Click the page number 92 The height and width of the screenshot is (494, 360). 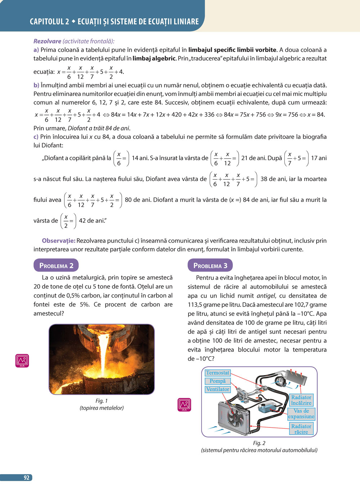tap(26, 477)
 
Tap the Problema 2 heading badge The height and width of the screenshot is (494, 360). tap(56, 266)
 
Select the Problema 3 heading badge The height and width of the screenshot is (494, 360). tap(210, 266)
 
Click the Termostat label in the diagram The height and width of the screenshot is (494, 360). tap(217, 373)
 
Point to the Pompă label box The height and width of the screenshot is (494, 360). tap(217, 381)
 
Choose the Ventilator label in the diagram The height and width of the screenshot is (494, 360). tap(217, 389)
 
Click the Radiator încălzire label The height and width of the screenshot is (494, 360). tap(301, 400)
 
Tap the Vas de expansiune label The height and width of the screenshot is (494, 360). tap(301, 414)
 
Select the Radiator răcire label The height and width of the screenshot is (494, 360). tap(301, 429)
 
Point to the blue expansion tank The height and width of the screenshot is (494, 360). tap(267, 408)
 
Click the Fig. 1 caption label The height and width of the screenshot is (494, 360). tap(102, 401)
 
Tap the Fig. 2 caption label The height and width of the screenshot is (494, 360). tap(259, 443)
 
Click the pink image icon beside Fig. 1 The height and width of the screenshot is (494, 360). tap(22, 361)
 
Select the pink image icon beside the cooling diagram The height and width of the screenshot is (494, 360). tap(184, 405)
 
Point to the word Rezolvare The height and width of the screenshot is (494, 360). tap(47, 41)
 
